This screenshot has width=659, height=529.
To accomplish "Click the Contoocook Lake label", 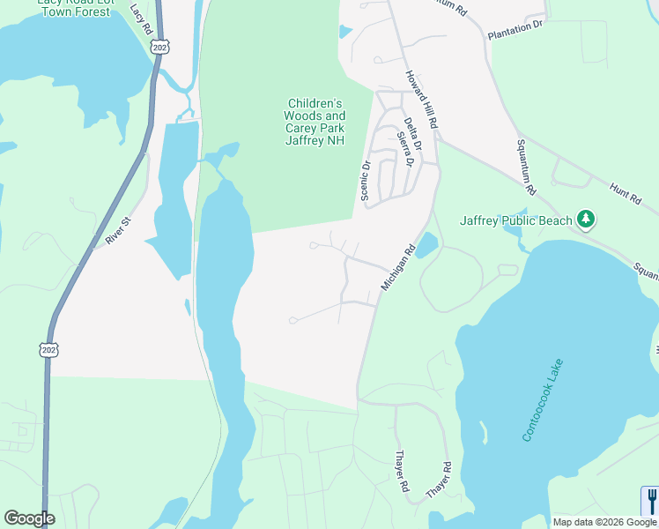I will pyautogui.click(x=542, y=401).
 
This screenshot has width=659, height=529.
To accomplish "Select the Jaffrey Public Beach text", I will pyautogui.click(x=515, y=220).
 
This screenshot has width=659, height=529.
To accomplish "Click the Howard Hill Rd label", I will pyautogui.click(x=421, y=103).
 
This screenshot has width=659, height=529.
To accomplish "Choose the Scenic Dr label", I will pyautogui.click(x=365, y=179).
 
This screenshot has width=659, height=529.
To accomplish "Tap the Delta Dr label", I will pyautogui.click(x=411, y=132).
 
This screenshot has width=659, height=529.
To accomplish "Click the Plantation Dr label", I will pyautogui.click(x=516, y=28).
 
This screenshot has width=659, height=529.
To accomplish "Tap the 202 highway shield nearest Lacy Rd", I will pyautogui.click(x=159, y=47).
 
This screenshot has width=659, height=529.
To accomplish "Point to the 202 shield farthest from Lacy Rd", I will pyautogui.click(x=48, y=350).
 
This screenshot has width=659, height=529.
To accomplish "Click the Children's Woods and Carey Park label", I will pyautogui.click(x=315, y=122).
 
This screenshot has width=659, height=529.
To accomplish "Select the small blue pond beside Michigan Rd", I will pyautogui.click(x=426, y=245).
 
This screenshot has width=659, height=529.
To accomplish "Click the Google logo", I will pyautogui.click(x=29, y=518).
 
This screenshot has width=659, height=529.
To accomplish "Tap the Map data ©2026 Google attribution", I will pyautogui.click(x=605, y=522).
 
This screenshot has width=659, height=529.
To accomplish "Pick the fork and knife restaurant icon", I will pyautogui.click(x=650, y=501).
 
